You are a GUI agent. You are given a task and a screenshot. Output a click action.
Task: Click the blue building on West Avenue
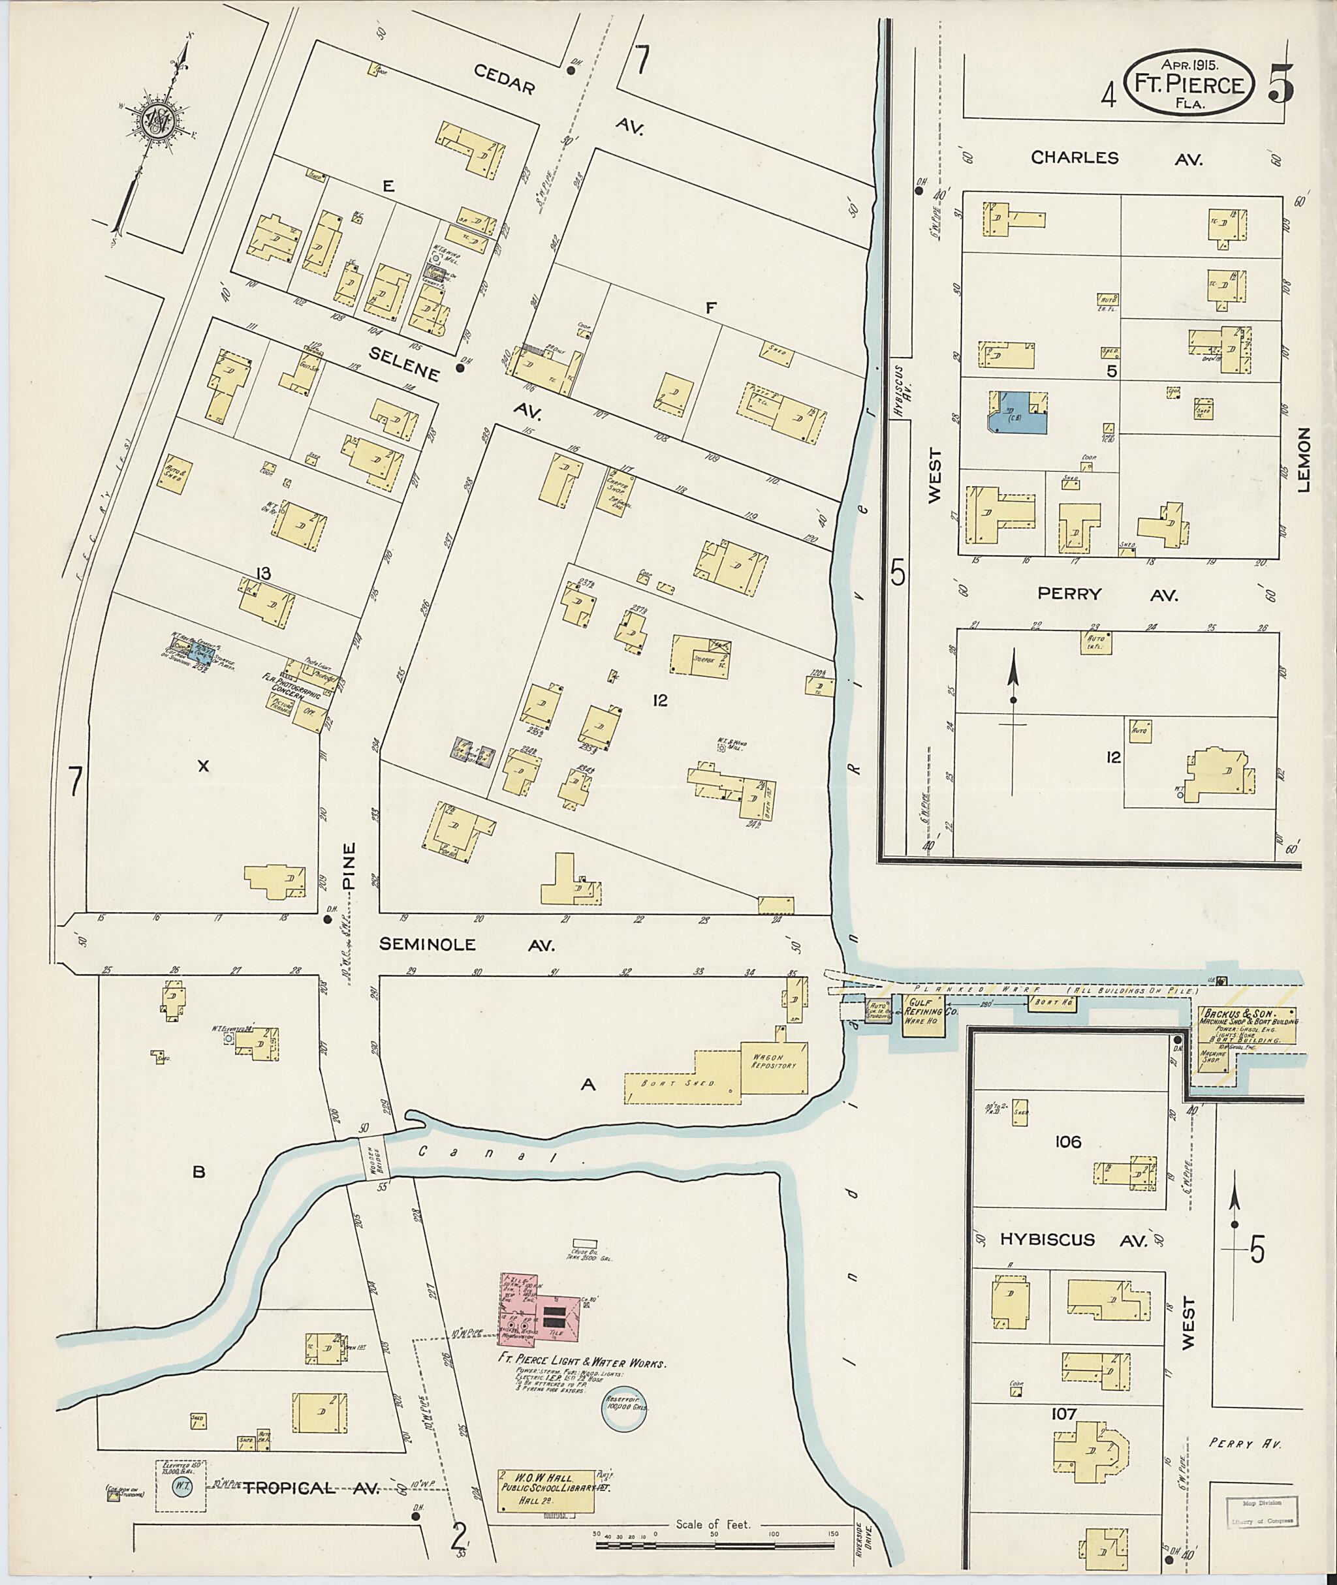point(1018,413)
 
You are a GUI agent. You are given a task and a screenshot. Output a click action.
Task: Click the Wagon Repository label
point(772,1061)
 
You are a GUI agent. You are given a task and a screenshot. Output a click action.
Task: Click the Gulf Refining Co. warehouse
point(922,1013)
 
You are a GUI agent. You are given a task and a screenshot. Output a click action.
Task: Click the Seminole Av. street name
point(467,945)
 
